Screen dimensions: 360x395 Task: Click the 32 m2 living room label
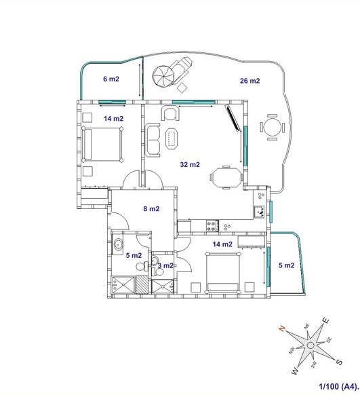click(x=190, y=164)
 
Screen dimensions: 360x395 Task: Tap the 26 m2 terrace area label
click(x=249, y=81)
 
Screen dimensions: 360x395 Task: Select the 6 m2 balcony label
click(x=111, y=79)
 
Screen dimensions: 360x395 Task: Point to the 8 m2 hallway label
click(x=151, y=208)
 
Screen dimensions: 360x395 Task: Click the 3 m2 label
click(x=165, y=265)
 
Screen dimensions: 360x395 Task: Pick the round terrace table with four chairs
click(x=273, y=127)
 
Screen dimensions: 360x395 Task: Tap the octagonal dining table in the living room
click(x=226, y=177)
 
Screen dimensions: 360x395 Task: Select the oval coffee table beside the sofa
click(x=172, y=138)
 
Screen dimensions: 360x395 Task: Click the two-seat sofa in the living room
click(x=153, y=140)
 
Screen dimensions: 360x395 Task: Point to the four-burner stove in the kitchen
click(x=212, y=225)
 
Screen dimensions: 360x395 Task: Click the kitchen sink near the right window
click(x=259, y=212)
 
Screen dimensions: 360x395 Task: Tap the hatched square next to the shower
click(x=142, y=284)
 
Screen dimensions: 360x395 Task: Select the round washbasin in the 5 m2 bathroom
click(x=118, y=244)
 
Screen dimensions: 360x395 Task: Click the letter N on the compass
click(x=282, y=328)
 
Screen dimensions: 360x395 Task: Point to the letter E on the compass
click(x=325, y=321)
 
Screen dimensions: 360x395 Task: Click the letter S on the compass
click(x=339, y=362)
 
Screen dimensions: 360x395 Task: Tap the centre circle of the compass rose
click(x=311, y=345)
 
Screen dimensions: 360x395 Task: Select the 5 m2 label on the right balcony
click(x=287, y=265)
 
